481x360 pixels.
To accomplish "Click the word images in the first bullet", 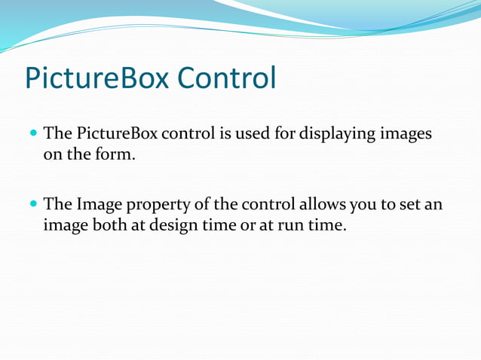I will click(x=406, y=134).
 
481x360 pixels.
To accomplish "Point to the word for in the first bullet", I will click(x=287, y=134).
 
